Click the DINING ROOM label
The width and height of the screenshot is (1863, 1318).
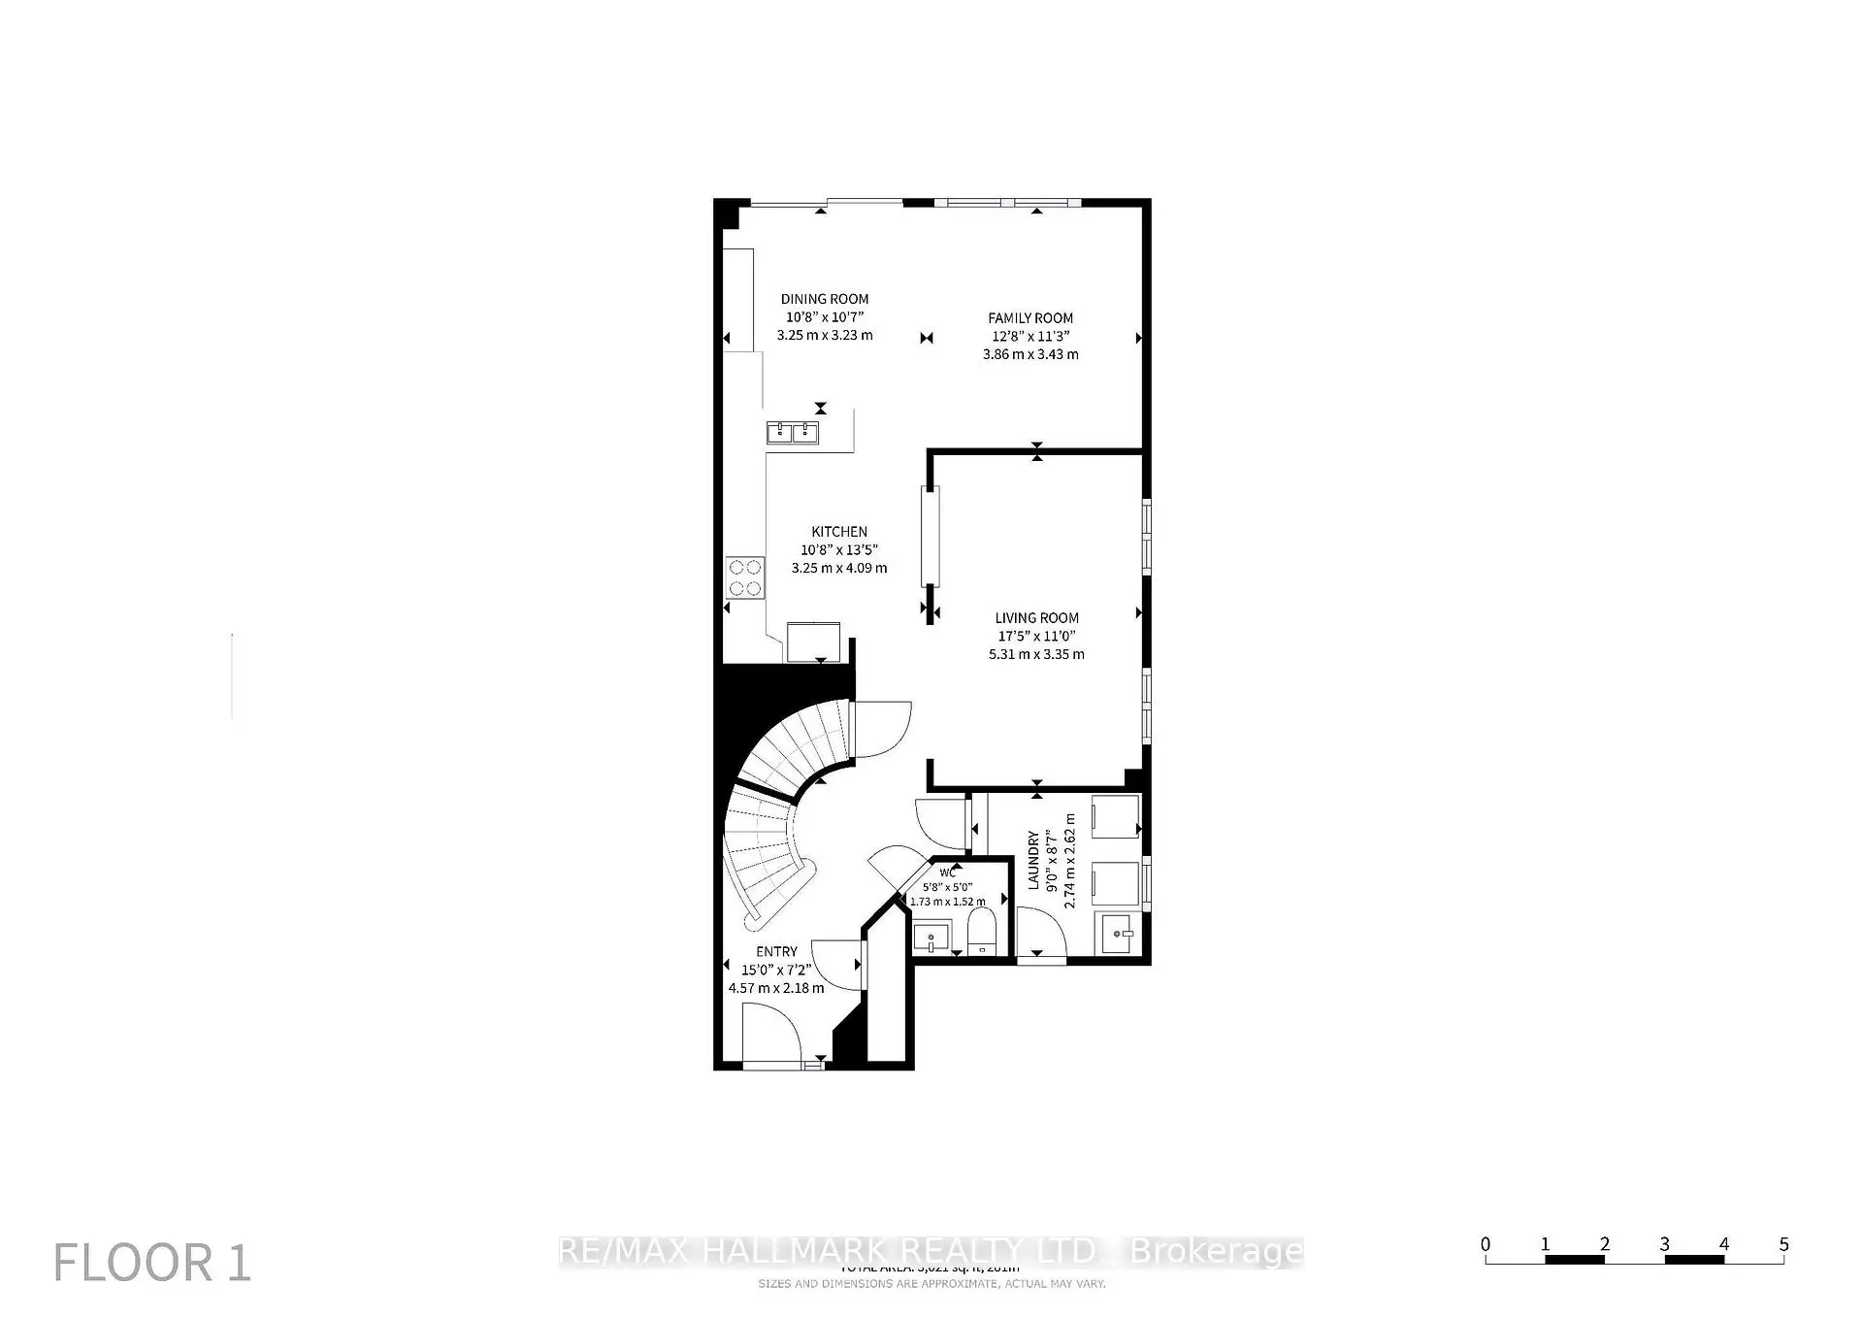[x=825, y=299]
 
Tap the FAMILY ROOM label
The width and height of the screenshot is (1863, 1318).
[x=1030, y=317]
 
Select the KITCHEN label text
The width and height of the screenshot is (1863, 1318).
[x=839, y=531]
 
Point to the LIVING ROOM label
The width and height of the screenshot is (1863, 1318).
[x=1036, y=617]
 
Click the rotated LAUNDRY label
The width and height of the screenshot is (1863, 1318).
[x=1034, y=860]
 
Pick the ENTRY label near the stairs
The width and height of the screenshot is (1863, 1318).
[x=776, y=951]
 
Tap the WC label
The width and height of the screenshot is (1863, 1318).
[x=947, y=873]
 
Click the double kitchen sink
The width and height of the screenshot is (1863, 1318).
[x=793, y=433]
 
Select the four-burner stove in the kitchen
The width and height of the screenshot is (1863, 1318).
[x=745, y=577]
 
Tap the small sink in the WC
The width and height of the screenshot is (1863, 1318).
[x=931, y=939]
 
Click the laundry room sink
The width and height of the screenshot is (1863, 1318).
[x=1119, y=934]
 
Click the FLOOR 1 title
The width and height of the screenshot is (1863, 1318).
[x=152, y=1263]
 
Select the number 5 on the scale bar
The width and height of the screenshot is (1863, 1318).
[x=1783, y=1244]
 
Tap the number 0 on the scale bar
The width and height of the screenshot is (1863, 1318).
[x=1486, y=1244]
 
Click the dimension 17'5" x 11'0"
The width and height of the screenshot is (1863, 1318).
[x=1036, y=636]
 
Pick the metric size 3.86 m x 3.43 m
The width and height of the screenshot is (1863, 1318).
[x=1030, y=354]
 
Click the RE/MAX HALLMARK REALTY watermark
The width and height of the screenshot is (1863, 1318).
[x=931, y=1251]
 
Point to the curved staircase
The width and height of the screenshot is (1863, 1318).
[x=776, y=806]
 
